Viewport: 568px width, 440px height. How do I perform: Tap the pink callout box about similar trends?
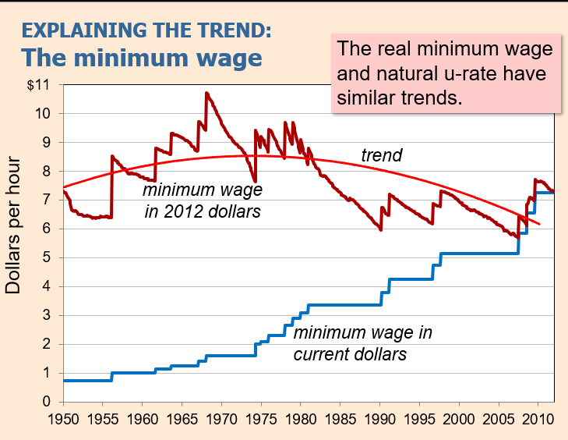click(x=445, y=74)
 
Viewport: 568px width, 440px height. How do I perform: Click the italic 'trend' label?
click(x=382, y=156)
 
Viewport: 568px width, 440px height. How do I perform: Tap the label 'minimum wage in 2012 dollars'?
click(x=203, y=200)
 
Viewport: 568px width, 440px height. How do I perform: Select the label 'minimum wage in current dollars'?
click(x=362, y=343)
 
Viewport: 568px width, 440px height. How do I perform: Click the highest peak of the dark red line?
click(x=206, y=93)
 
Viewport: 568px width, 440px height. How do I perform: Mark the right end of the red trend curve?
click(x=539, y=224)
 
